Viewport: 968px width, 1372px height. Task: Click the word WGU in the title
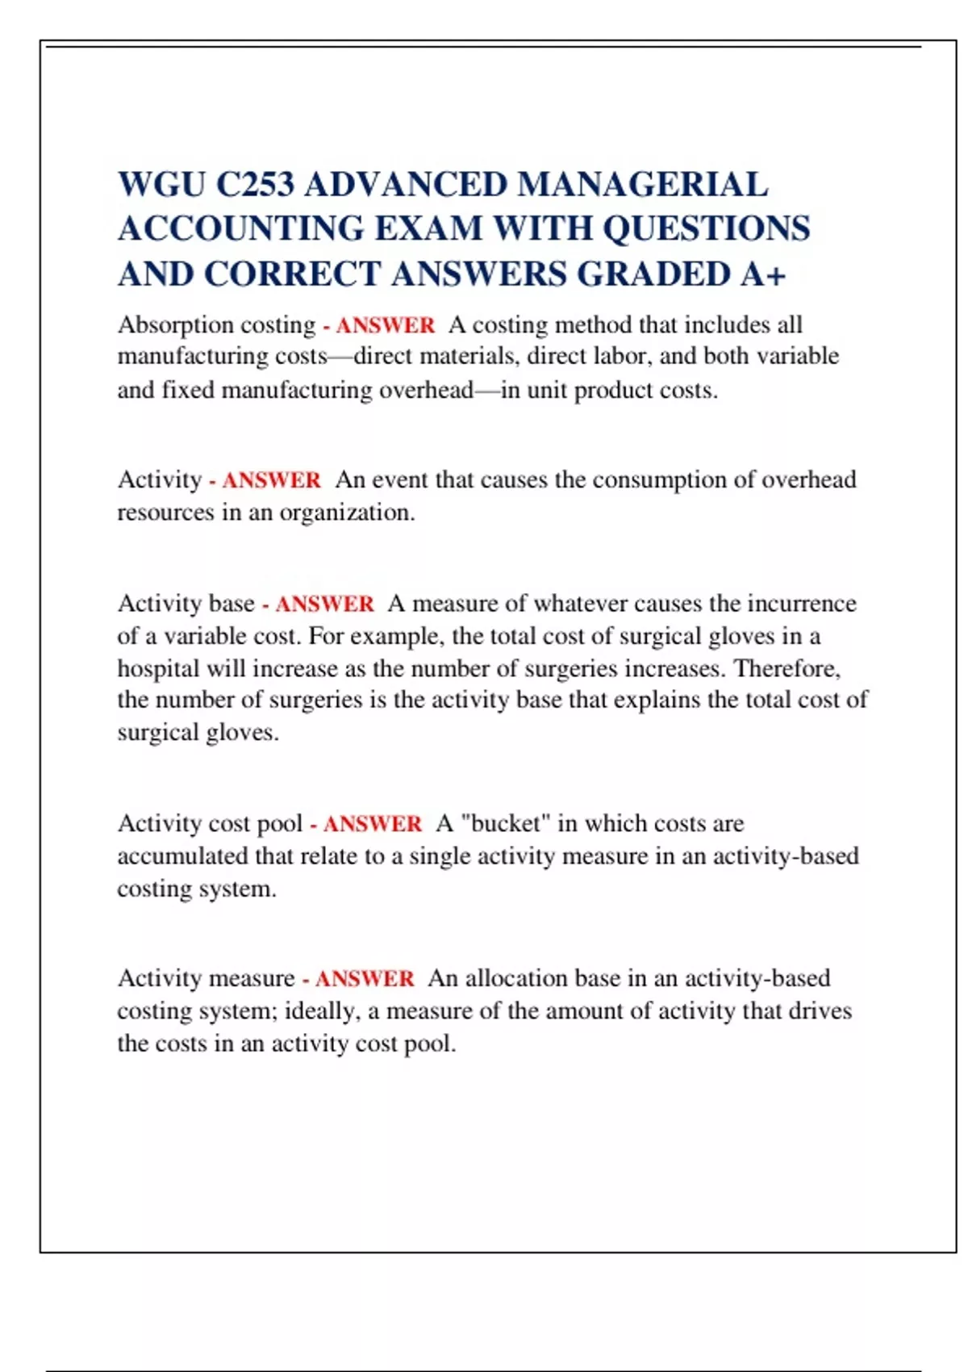(x=161, y=185)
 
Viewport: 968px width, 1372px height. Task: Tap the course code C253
(x=255, y=185)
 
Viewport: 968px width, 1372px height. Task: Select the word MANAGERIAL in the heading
(x=642, y=185)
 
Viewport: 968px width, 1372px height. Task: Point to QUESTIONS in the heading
(x=707, y=229)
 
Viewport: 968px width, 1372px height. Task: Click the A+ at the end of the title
(x=763, y=274)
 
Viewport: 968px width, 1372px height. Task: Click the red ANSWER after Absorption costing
(x=385, y=325)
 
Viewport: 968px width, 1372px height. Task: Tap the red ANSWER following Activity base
(x=324, y=604)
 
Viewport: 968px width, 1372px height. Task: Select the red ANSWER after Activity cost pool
(x=372, y=824)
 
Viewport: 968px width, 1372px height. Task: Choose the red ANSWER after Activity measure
(x=364, y=979)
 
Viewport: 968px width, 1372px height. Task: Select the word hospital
(x=158, y=669)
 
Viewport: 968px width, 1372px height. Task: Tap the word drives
(x=820, y=1011)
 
